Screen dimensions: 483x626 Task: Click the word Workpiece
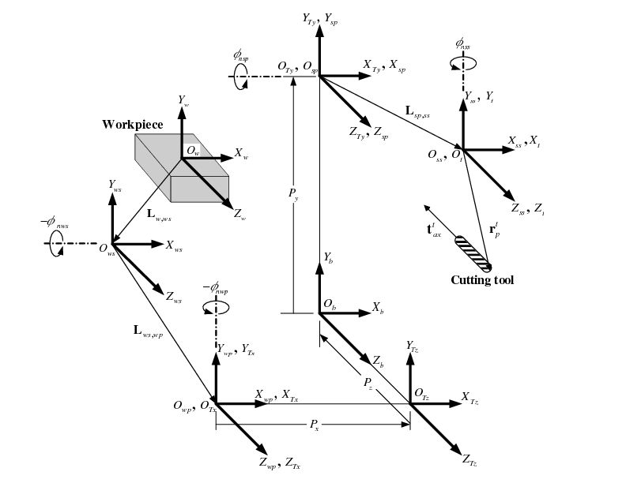point(133,125)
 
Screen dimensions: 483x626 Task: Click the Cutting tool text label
point(482,280)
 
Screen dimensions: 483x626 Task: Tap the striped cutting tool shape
point(473,251)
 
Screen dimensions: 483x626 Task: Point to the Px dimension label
point(314,425)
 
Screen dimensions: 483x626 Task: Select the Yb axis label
point(328,258)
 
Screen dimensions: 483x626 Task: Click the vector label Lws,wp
point(149,331)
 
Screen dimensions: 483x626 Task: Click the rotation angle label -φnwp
point(215,288)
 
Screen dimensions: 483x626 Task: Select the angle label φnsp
point(241,55)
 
